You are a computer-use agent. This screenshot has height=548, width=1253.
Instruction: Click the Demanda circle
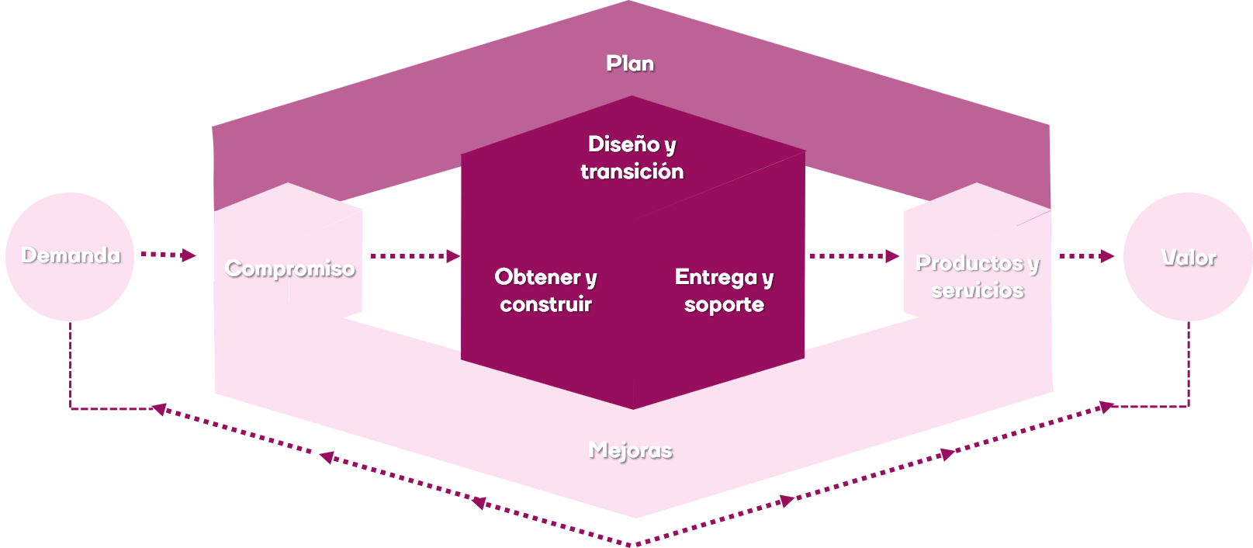click(x=70, y=256)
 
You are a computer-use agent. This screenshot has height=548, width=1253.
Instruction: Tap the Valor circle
click(x=1188, y=257)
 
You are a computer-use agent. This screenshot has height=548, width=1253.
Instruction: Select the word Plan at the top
click(x=629, y=64)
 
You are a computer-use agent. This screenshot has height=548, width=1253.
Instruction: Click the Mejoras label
click(x=630, y=450)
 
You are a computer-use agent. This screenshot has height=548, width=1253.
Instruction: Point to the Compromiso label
click(x=289, y=269)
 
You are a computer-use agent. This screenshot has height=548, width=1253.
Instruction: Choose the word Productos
click(x=969, y=263)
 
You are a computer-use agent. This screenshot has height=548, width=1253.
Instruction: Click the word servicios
click(x=978, y=290)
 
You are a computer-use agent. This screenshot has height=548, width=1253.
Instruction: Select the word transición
click(x=632, y=172)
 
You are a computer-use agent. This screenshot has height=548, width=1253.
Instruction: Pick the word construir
click(x=545, y=304)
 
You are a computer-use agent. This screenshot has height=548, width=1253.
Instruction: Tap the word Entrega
click(x=715, y=277)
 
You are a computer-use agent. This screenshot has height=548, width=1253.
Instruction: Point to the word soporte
click(x=724, y=304)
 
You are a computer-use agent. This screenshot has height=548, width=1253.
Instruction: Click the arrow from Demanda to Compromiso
click(x=168, y=255)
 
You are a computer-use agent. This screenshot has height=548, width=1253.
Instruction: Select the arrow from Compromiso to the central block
click(x=415, y=255)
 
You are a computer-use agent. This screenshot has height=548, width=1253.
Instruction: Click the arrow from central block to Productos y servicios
click(x=853, y=255)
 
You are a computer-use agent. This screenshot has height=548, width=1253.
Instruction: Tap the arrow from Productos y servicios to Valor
click(x=1086, y=255)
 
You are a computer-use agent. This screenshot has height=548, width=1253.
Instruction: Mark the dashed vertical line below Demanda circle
click(x=71, y=365)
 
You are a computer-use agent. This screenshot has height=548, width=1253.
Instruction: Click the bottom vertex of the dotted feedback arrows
click(x=635, y=543)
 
